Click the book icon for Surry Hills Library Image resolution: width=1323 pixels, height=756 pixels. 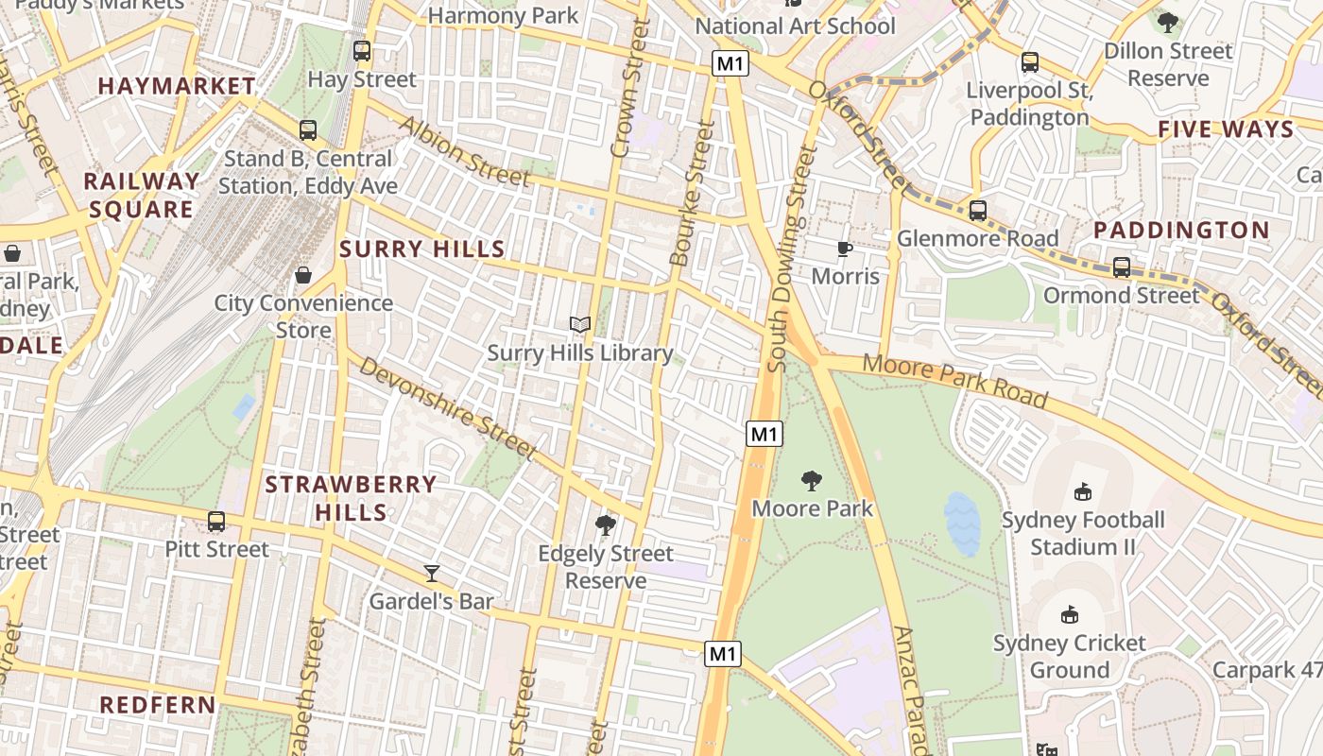click(580, 325)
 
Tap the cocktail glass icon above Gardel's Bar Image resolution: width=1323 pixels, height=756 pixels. click(432, 573)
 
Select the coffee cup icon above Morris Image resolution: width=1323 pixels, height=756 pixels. click(845, 249)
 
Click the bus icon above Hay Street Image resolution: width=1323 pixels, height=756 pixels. click(362, 51)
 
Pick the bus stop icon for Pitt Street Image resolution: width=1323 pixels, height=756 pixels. click(216, 521)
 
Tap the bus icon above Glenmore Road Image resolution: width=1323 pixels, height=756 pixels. click(978, 210)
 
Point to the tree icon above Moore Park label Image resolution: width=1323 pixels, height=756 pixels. click(812, 481)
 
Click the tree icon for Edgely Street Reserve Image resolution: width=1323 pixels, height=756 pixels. click(606, 525)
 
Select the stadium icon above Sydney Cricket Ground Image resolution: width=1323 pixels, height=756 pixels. click(1070, 615)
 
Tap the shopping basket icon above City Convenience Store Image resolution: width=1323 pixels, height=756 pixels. click(303, 275)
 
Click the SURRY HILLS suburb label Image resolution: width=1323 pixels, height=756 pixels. click(422, 249)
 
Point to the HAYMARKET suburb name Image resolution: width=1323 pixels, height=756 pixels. click(177, 86)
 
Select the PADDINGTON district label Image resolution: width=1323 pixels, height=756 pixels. click(1181, 230)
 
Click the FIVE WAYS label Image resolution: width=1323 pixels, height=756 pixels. click(1225, 129)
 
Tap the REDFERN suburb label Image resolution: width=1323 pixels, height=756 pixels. click(158, 705)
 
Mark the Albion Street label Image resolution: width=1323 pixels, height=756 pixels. click(463, 151)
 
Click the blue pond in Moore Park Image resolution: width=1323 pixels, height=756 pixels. click(962, 524)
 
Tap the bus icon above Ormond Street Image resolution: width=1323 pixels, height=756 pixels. click(1121, 267)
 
